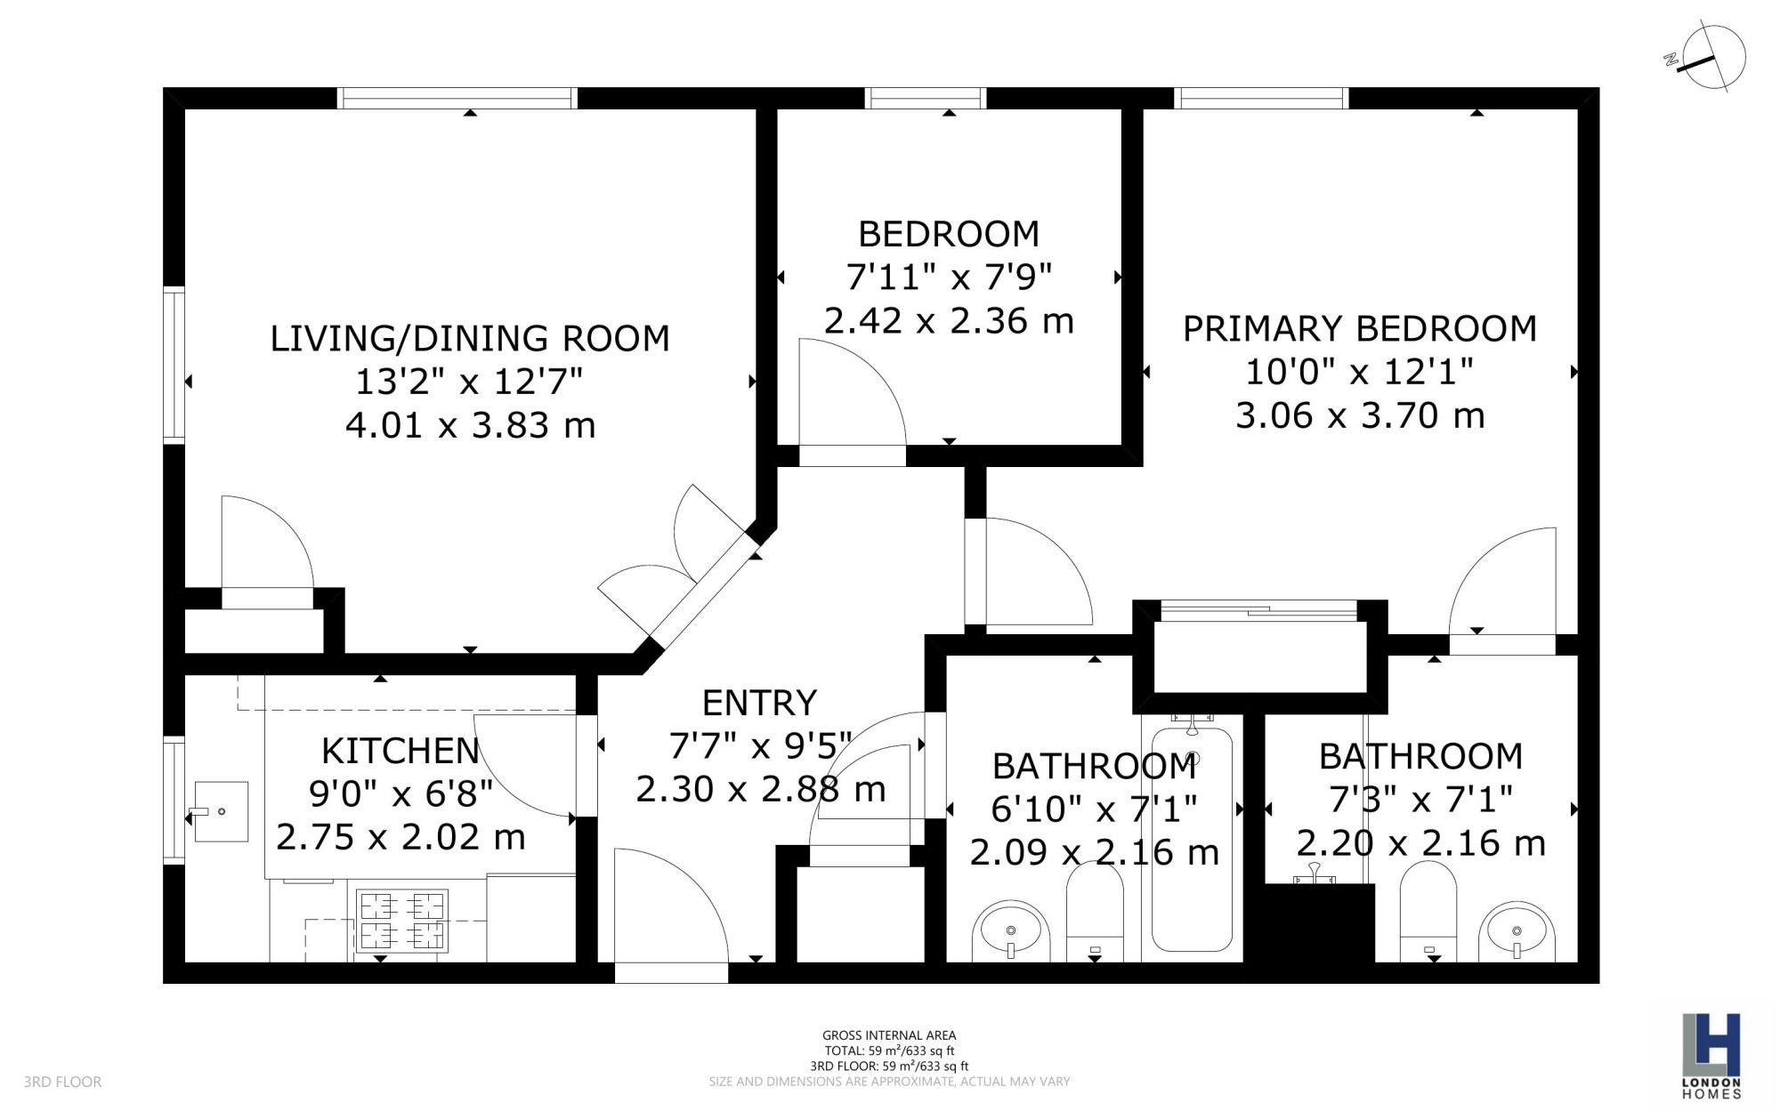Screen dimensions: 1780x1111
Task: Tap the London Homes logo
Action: (x=1711, y=1055)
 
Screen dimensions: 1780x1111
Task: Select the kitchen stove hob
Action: (x=402, y=921)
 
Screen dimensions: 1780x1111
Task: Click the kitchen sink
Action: (x=220, y=811)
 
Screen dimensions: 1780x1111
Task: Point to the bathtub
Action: (x=1192, y=839)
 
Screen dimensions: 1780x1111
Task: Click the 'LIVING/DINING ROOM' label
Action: (x=470, y=339)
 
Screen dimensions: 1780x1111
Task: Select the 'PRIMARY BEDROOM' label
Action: (x=1359, y=329)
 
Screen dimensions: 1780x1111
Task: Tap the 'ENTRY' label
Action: (x=759, y=704)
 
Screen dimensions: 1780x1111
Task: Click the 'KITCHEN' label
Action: (x=400, y=752)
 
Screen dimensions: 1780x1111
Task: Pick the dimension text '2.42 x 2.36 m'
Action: (x=949, y=321)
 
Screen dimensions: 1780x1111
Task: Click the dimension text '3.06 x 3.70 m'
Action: (x=1360, y=415)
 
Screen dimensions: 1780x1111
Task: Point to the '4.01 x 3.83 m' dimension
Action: (x=470, y=425)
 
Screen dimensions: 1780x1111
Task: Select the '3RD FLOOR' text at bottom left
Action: (x=62, y=1083)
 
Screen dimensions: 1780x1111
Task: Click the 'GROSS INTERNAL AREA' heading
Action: (x=889, y=1035)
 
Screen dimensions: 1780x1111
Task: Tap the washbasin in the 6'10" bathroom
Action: (x=1011, y=931)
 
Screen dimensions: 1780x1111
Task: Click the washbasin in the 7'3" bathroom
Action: (x=1517, y=931)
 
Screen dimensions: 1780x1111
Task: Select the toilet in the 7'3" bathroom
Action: (x=1428, y=912)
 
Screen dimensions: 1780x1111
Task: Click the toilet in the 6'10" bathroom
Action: (x=1095, y=912)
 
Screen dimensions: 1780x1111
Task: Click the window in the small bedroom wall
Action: (x=926, y=98)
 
